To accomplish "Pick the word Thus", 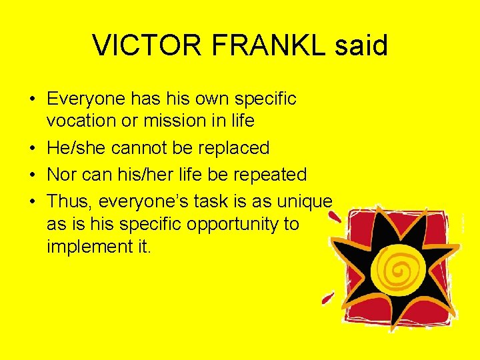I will (x=69, y=201).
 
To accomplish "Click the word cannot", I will (x=141, y=147).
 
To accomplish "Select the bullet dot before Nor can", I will (x=32, y=175).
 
